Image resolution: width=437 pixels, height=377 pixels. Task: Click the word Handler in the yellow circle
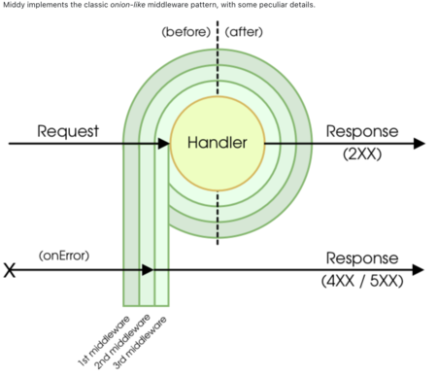pos(218,143)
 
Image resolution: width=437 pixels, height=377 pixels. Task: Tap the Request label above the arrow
pos(68,131)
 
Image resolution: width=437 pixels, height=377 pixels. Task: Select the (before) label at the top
pos(186,32)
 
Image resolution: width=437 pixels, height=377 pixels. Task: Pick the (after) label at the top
pos(244,32)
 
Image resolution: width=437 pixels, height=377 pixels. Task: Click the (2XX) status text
pos(362,154)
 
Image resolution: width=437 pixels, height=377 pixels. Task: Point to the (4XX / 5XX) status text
pos(362,281)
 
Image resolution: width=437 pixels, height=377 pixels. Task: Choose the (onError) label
pos(64,256)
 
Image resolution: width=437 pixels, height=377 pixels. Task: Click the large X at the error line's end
pos(10,270)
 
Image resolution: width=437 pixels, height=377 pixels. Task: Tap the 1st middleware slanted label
pos(104,341)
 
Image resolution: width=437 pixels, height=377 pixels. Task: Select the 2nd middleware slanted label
pos(122,342)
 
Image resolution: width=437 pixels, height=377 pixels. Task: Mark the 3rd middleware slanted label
pos(140,343)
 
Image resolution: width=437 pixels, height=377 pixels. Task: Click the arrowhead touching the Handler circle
pos(164,143)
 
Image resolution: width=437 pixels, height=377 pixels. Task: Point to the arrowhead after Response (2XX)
pos(420,143)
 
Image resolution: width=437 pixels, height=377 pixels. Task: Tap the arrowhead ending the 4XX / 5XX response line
pos(419,269)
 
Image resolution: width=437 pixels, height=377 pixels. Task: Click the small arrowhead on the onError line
pos(148,269)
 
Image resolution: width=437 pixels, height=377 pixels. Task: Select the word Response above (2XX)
pos(362,131)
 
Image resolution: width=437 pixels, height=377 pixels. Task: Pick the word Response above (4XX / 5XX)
pos(362,258)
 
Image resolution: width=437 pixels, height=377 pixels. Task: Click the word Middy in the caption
pos(14,5)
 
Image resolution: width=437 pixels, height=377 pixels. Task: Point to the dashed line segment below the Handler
pos(218,218)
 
